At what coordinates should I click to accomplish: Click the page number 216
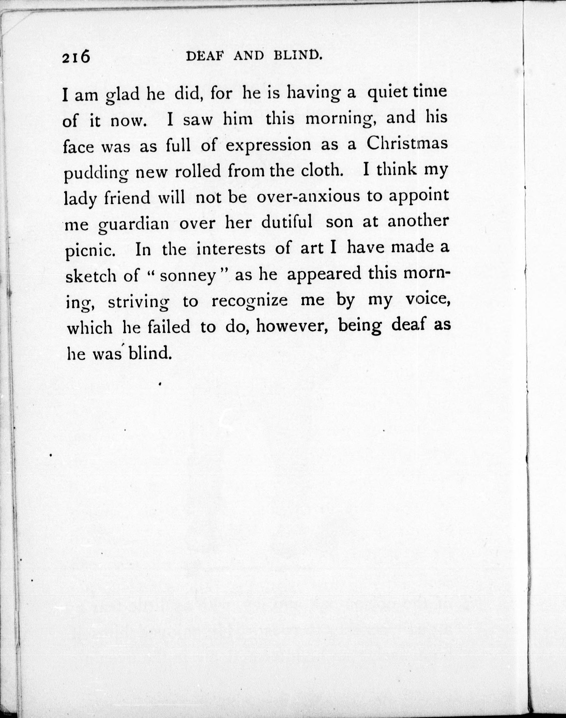(x=76, y=57)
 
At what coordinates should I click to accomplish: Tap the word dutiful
(x=287, y=222)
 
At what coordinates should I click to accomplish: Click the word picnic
(x=90, y=251)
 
